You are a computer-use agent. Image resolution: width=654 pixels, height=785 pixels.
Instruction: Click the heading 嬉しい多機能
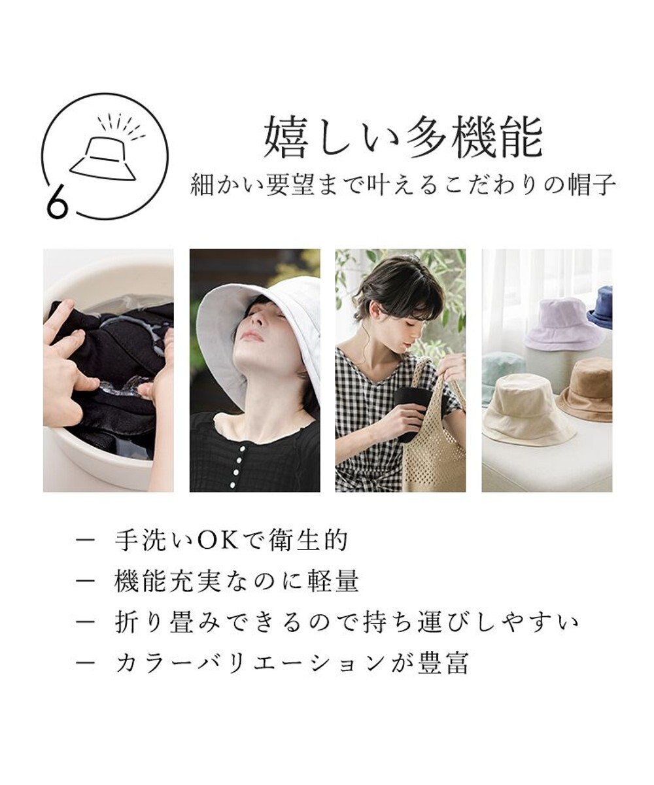click(403, 138)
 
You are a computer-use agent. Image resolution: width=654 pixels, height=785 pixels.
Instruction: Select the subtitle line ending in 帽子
click(403, 184)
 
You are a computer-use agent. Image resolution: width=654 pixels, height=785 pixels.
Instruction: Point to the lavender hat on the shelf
click(564, 324)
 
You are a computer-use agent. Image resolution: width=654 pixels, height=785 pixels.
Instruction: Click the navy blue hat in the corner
click(602, 307)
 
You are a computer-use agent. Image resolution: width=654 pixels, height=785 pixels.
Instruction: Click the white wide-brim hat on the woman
click(262, 321)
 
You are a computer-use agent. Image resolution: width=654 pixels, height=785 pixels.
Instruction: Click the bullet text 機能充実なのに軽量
click(237, 580)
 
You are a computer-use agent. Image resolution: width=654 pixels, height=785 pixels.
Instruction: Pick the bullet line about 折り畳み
click(347, 621)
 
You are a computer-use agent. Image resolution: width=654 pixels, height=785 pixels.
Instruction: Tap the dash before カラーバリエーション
click(86, 662)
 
